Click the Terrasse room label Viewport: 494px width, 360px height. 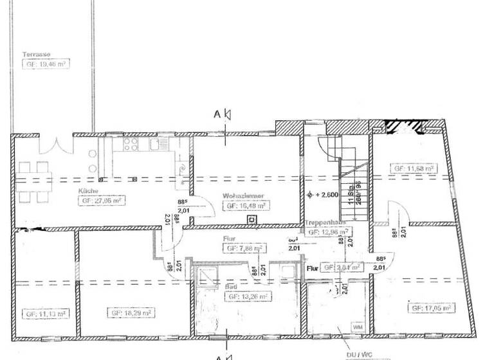(x=37, y=55)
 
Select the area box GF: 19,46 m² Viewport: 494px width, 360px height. (x=47, y=65)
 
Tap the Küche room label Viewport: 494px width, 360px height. (x=88, y=191)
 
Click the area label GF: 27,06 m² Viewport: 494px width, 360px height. (x=101, y=201)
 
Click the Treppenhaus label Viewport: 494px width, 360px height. (x=326, y=222)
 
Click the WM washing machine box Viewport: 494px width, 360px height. (x=358, y=327)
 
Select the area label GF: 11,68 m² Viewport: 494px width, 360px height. (x=414, y=169)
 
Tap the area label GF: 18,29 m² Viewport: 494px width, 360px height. (x=132, y=313)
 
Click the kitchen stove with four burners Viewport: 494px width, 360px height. (x=131, y=144)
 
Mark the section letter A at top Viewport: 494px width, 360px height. (x=217, y=114)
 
